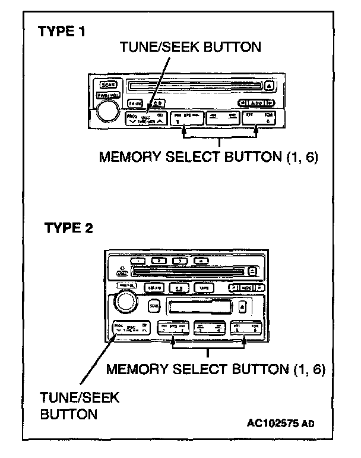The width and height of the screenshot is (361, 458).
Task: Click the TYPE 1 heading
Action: (x=61, y=32)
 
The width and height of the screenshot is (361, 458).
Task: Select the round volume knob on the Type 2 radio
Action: (x=126, y=302)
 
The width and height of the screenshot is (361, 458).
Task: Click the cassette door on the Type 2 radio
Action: (x=200, y=307)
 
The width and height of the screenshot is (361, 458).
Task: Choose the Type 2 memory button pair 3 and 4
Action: (x=213, y=330)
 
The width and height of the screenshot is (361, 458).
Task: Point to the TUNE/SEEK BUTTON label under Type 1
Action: (x=190, y=46)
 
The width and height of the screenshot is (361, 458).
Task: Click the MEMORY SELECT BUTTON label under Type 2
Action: (x=217, y=369)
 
